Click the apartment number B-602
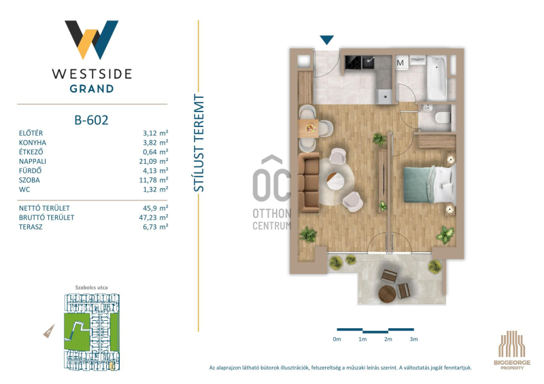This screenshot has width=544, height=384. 91,120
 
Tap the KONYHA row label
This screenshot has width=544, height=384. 33,143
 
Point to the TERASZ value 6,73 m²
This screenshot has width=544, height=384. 156,227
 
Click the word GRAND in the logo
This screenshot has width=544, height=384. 92,89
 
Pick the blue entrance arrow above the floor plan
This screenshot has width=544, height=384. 326,40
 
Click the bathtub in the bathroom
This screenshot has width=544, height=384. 437,77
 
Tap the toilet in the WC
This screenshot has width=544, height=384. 443,118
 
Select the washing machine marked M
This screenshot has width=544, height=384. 401,63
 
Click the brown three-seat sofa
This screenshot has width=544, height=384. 309,182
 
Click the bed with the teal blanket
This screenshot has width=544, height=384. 430,184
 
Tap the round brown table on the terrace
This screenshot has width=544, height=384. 387,294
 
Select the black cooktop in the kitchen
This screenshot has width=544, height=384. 353,63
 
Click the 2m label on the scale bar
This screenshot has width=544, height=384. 388,339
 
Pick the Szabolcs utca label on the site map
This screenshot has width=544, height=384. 91,287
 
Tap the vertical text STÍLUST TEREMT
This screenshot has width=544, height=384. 199,143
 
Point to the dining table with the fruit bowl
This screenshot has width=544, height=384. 309,128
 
